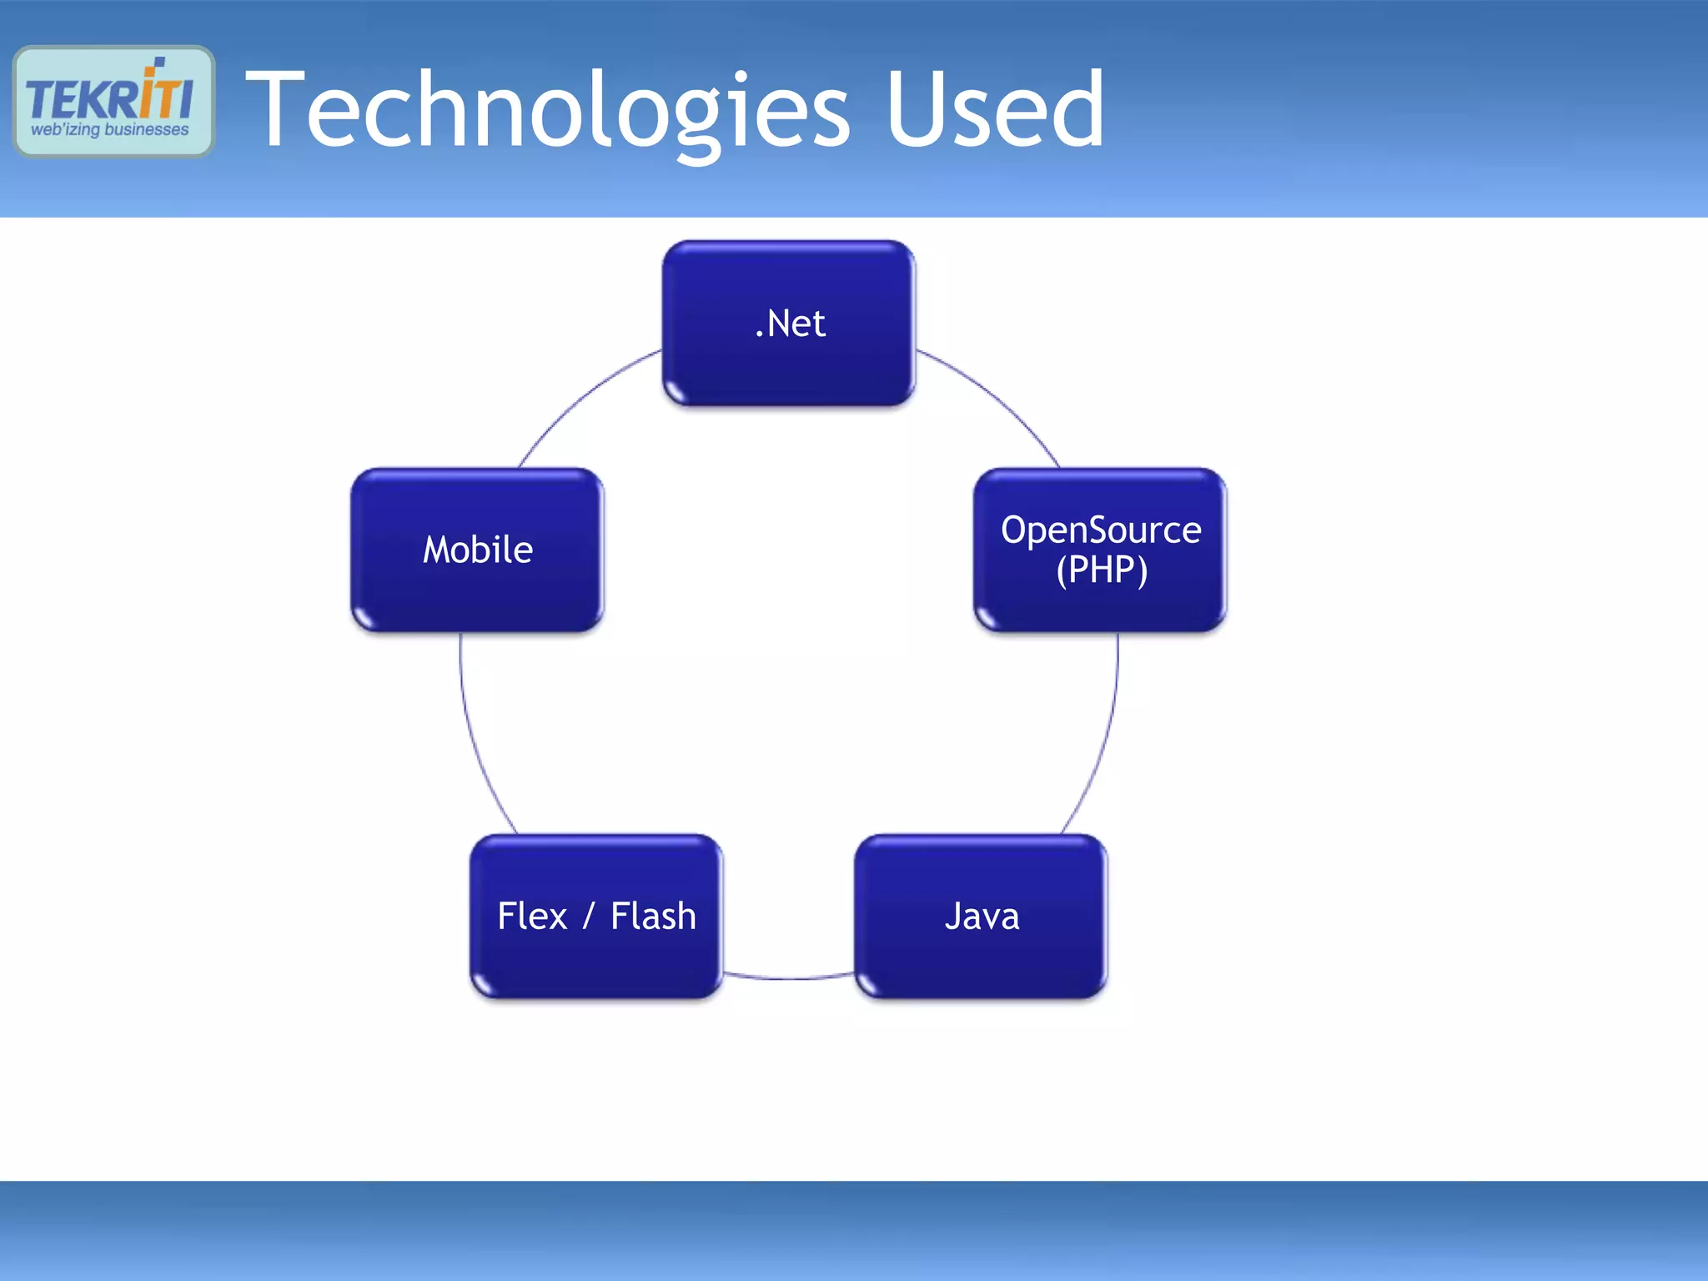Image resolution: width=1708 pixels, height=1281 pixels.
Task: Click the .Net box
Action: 788,323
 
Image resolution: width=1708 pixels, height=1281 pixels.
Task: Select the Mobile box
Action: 477,550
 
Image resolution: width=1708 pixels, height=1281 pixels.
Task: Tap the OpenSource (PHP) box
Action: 1100,550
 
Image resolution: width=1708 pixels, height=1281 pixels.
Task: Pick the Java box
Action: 981,916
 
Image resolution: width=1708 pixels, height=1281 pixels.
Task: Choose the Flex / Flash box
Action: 596,916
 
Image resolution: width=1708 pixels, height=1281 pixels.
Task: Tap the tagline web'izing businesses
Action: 109,130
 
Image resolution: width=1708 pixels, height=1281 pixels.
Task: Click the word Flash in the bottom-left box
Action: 653,916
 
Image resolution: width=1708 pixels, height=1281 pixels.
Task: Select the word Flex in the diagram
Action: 532,916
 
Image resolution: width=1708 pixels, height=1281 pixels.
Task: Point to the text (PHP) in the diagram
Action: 1102,570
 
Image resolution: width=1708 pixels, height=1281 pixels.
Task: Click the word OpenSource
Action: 1101,530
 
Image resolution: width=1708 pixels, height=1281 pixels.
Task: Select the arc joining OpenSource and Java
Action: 1103,734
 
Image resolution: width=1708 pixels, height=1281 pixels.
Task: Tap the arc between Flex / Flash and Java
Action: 788,977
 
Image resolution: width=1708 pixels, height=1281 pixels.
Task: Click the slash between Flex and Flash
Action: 589,916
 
